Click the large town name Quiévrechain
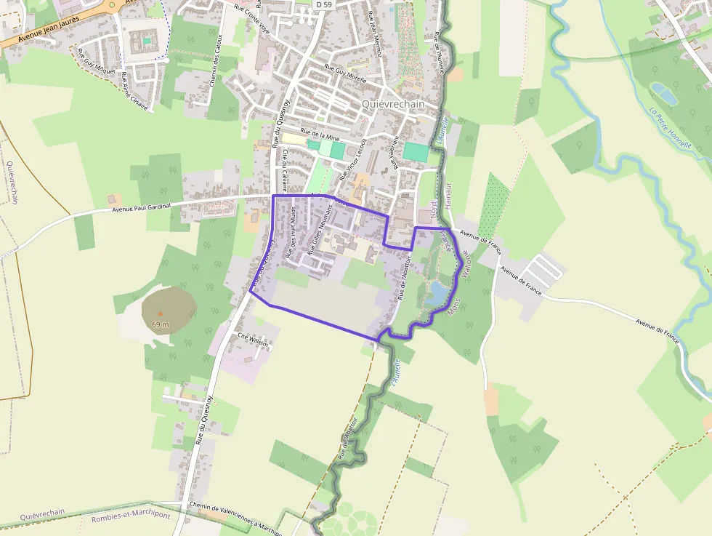coord(392,104)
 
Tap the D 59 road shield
coord(324,4)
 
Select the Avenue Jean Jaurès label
coord(39,33)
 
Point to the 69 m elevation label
coord(161,324)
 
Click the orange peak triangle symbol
coord(161,314)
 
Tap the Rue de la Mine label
coord(320,136)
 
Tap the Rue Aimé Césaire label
coord(134,91)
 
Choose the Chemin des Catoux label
coord(214,61)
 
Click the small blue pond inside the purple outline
coord(438,293)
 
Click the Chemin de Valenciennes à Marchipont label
coord(235,517)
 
